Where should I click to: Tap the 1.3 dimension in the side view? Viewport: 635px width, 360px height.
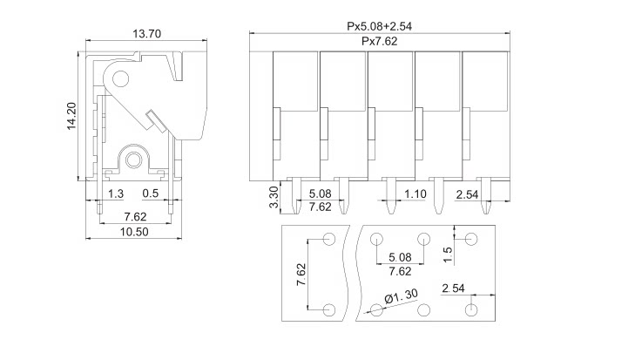pos(115,193)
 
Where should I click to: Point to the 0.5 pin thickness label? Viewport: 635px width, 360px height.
pos(150,193)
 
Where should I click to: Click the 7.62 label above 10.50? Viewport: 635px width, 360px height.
pos(135,215)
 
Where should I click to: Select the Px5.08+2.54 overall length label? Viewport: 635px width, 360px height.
pos(380,27)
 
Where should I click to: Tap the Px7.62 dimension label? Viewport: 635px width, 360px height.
pos(380,42)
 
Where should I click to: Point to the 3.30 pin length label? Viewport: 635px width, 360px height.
pos(274,198)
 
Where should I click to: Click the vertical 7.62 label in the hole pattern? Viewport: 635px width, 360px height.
pos(301,275)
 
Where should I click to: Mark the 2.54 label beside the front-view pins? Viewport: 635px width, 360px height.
pos(469,194)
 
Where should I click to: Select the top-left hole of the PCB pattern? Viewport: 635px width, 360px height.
pos(330,240)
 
